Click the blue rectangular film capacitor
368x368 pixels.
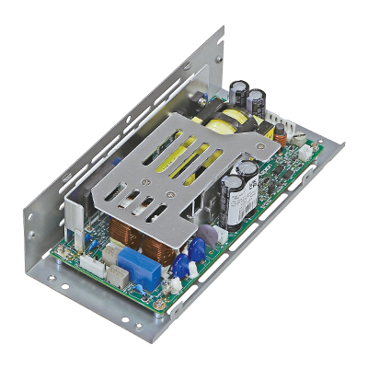(x=142, y=262)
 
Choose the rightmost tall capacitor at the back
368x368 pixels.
(x=258, y=101)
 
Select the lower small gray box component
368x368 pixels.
(x=118, y=273)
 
